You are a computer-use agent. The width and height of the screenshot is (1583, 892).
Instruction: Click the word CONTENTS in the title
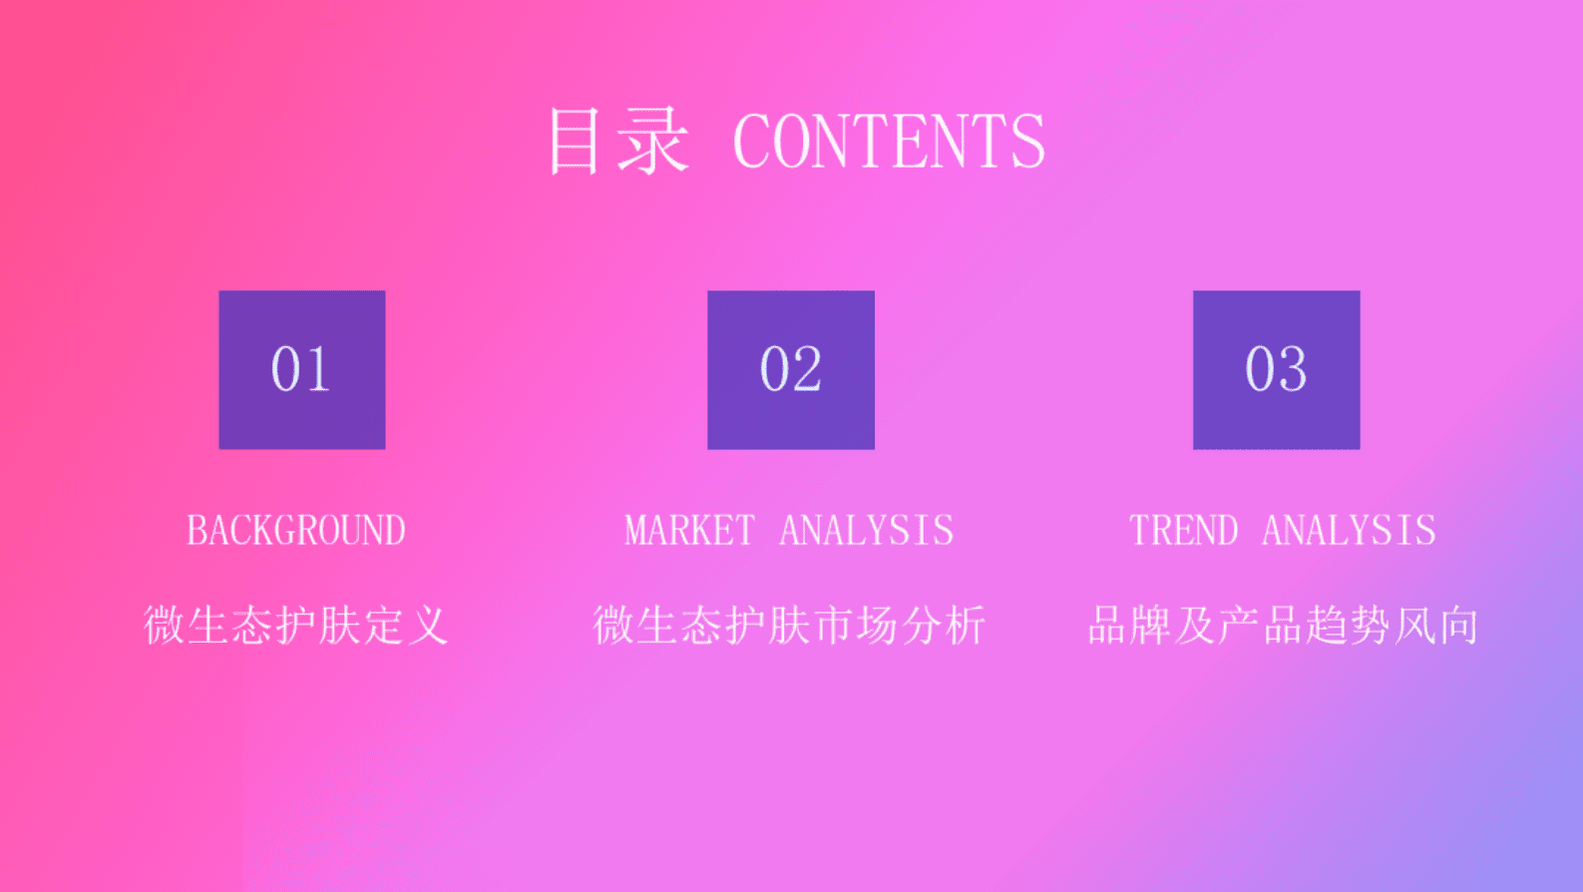(x=889, y=142)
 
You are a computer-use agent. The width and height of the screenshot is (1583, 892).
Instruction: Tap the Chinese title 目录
(x=617, y=142)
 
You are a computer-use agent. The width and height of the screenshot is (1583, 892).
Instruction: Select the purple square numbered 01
(x=302, y=370)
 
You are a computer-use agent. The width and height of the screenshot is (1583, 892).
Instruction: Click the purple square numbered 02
(x=791, y=370)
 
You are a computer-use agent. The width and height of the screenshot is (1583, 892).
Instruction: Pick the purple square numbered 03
(x=1277, y=370)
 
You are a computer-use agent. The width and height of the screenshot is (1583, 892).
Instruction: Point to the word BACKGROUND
(x=296, y=531)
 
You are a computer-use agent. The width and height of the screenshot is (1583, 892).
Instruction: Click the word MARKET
(x=689, y=531)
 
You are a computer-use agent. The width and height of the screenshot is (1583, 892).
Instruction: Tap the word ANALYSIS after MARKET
(x=866, y=531)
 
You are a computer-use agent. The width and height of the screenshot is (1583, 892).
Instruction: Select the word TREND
(x=1183, y=531)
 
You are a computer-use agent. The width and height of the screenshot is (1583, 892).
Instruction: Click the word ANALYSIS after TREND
(x=1349, y=531)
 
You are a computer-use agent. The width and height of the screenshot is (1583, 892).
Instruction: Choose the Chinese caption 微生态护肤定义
(x=296, y=626)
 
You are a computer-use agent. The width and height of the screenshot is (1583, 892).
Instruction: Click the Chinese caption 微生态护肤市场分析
(x=789, y=626)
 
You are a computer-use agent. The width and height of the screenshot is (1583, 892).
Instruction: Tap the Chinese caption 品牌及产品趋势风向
(x=1283, y=626)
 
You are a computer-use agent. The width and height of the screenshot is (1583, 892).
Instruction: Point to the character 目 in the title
(x=575, y=142)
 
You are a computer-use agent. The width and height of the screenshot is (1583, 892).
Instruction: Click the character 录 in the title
(x=653, y=142)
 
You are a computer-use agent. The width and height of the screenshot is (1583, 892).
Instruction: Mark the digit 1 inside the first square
(x=318, y=370)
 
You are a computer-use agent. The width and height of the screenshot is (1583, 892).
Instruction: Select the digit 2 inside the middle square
(x=807, y=370)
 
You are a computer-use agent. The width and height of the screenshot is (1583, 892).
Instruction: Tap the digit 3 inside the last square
(x=1292, y=370)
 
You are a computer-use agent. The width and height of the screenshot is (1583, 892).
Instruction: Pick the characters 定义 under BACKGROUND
(x=406, y=626)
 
